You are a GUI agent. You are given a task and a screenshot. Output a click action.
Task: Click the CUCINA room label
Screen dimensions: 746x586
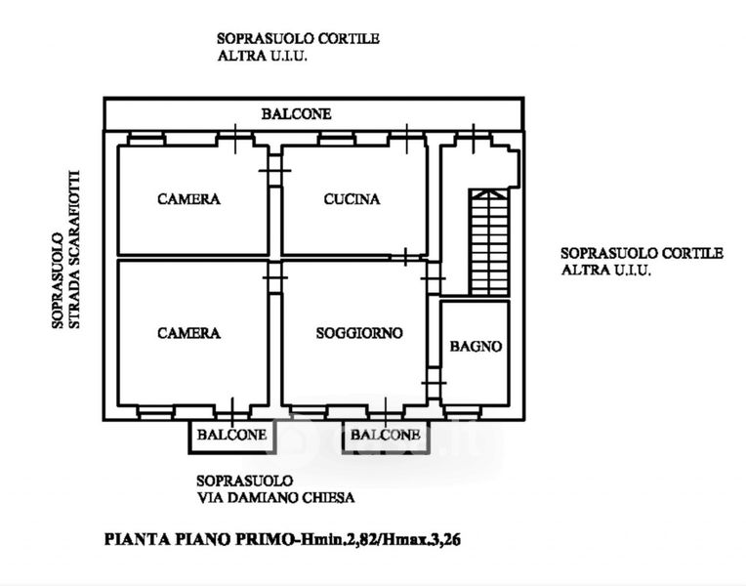(x=352, y=199)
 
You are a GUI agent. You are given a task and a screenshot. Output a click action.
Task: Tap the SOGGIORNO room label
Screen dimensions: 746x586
(x=359, y=333)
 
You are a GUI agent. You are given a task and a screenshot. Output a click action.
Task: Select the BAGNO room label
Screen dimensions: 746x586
(x=476, y=347)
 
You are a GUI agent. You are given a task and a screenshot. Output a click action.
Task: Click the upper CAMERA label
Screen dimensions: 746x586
(x=188, y=199)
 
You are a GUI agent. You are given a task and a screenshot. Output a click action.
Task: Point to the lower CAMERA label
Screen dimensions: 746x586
(x=188, y=333)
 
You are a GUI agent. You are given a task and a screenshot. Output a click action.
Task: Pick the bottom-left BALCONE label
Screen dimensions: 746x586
(x=231, y=435)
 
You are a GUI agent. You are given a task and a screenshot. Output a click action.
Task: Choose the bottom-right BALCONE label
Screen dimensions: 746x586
(x=385, y=435)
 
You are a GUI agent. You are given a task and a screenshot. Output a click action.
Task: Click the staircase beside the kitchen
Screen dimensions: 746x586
(x=489, y=242)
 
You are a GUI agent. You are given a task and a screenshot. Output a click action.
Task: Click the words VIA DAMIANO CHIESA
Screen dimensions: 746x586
(x=274, y=497)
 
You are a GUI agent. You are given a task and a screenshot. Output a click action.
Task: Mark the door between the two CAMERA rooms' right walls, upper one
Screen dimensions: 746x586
(x=274, y=173)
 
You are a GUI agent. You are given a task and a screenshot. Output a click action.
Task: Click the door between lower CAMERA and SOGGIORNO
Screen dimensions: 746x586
(x=274, y=280)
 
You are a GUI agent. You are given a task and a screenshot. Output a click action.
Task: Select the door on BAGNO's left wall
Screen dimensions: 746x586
(x=434, y=381)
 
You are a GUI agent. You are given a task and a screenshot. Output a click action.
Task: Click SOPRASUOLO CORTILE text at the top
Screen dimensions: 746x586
(x=298, y=39)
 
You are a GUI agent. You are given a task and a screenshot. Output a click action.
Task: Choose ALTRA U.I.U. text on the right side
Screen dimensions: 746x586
(x=605, y=271)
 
